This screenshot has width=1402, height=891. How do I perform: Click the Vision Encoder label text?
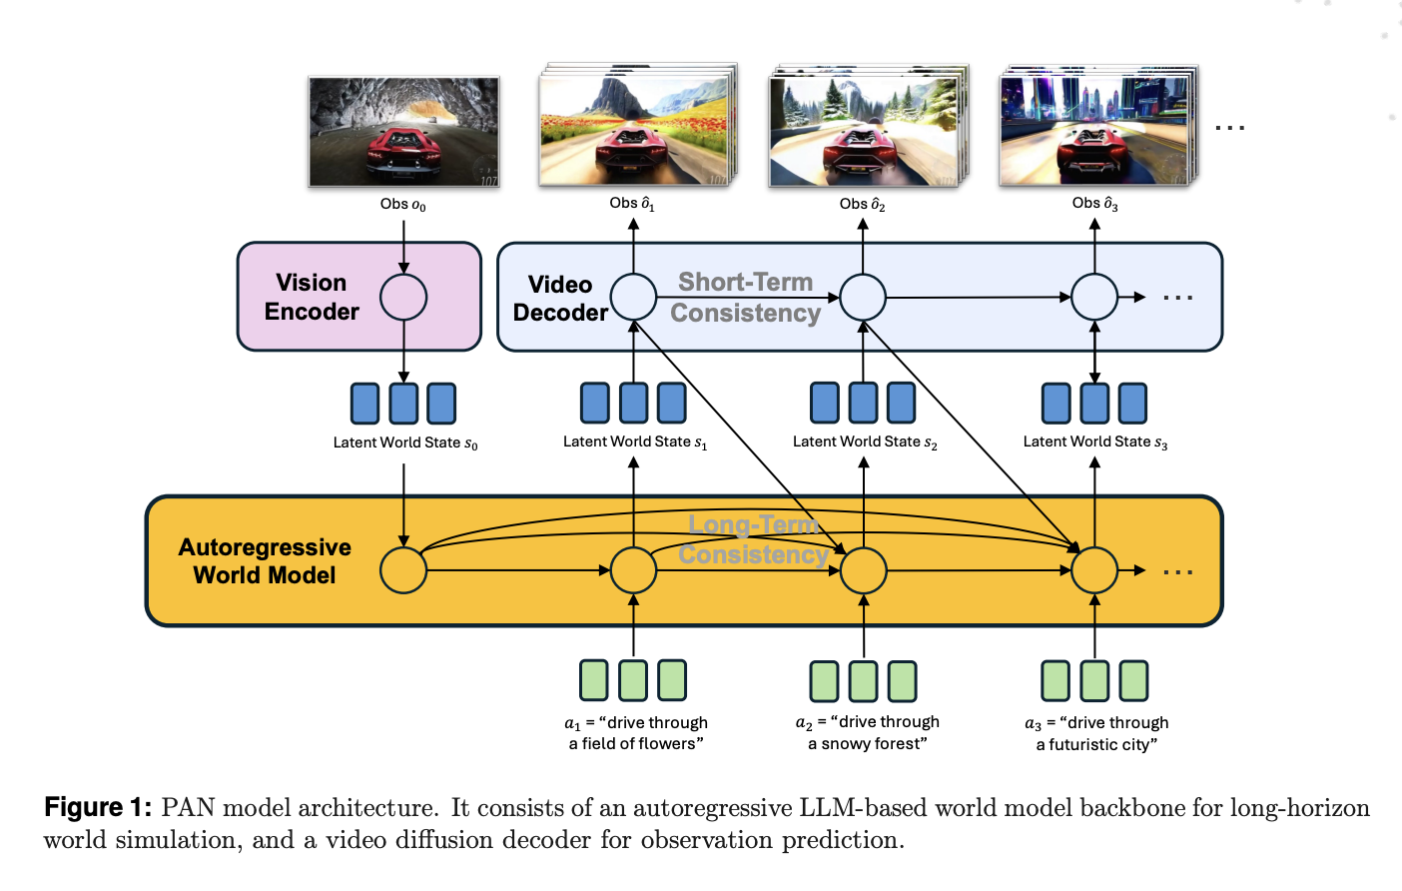click(x=311, y=297)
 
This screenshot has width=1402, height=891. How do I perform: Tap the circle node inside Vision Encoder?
click(x=403, y=297)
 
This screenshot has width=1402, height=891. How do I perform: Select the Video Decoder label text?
click(x=560, y=299)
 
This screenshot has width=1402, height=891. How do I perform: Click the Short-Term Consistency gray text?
click(x=745, y=298)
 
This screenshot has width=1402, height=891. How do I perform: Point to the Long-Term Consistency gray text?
click(x=753, y=539)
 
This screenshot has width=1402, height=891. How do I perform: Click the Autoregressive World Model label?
click(x=265, y=561)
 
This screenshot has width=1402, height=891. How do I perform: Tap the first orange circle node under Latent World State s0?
click(x=403, y=570)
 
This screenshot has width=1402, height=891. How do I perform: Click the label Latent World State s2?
click(x=865, y=443)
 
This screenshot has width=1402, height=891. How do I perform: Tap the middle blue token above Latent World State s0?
click(x=403, y=404)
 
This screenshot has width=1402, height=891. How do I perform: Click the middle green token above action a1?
click(x=633, y=680)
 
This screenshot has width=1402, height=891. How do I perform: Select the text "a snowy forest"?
click(x=867, y=744)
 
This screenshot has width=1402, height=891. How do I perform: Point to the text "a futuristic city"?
click(x=1096, y=745)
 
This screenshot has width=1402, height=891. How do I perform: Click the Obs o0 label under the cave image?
click(x=402, y=205)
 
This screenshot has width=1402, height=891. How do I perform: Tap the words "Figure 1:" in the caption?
click(x=98, y=807)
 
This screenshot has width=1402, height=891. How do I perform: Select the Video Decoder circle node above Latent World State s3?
click(x=1094, y=297)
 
